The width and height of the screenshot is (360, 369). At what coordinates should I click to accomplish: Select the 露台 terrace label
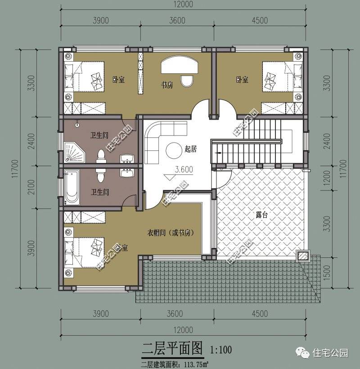[261, 215]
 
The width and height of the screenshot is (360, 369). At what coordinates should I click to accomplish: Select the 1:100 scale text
[220, 349]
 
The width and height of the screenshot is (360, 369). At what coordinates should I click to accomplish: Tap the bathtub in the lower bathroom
[72, 187]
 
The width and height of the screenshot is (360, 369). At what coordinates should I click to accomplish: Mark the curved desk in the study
[180, 65]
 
